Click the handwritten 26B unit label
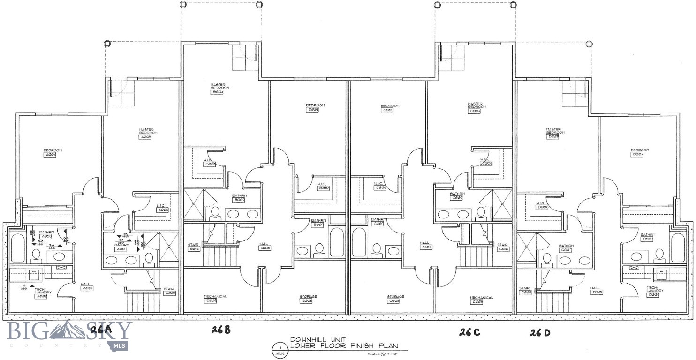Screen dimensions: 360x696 point(220,330)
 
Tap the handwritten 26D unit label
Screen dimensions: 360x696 point(540,333)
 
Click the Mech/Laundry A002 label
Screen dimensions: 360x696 point(43,293)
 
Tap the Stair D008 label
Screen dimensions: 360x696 point(525,290)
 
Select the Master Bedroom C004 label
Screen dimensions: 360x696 point(475,108)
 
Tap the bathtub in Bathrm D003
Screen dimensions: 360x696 point(678,247)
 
